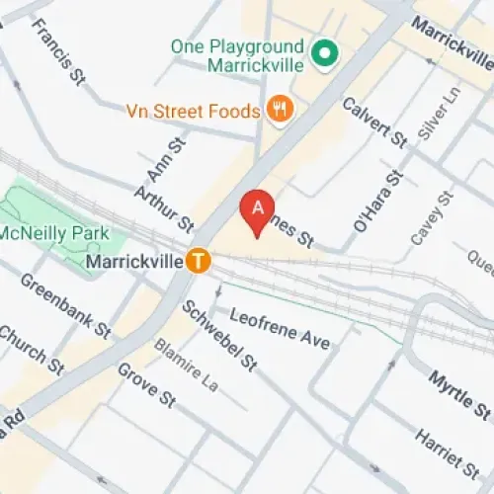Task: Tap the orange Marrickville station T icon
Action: point(201,262)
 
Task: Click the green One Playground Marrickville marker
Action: point(321,53)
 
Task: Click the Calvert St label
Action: point(374,123)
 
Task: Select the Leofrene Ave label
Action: point(280,327)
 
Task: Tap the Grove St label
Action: point(145,385)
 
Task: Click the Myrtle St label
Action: point(459,392)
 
